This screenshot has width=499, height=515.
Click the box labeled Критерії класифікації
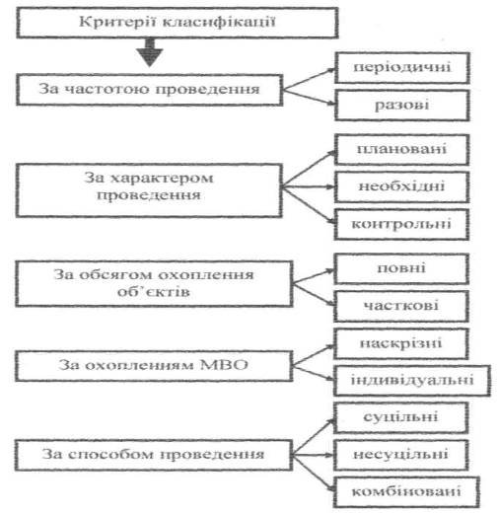click(x=178, y=23)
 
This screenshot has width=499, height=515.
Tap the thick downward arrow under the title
click(x=150, y=52)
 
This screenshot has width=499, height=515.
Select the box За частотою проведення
click(x=150, y=90)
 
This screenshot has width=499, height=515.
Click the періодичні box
click(x=402, y=68)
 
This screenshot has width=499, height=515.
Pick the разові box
click(x=402, y=106)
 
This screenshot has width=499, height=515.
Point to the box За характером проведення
click(x=149, y=190)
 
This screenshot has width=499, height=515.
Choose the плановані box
click(x=401, y=149)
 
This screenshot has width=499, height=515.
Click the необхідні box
click(x=401, y=186)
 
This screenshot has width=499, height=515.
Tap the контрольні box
click(x=401, y=224)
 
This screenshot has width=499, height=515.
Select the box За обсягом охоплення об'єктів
click(x=154, y=284)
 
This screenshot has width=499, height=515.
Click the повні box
click(x=401, y=268)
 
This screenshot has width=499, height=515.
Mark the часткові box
click(x=401, y=306)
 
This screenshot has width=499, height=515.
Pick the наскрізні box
click(x=401, y=343)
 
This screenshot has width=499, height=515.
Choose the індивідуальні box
click(x=412, y=381)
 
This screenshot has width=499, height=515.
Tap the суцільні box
click(x=401, y=417)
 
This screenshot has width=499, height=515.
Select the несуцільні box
click(x=401, y=455)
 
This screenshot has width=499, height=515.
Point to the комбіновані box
click(x=406, y=492)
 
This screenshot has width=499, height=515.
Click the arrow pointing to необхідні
click(x=309, y=186)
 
